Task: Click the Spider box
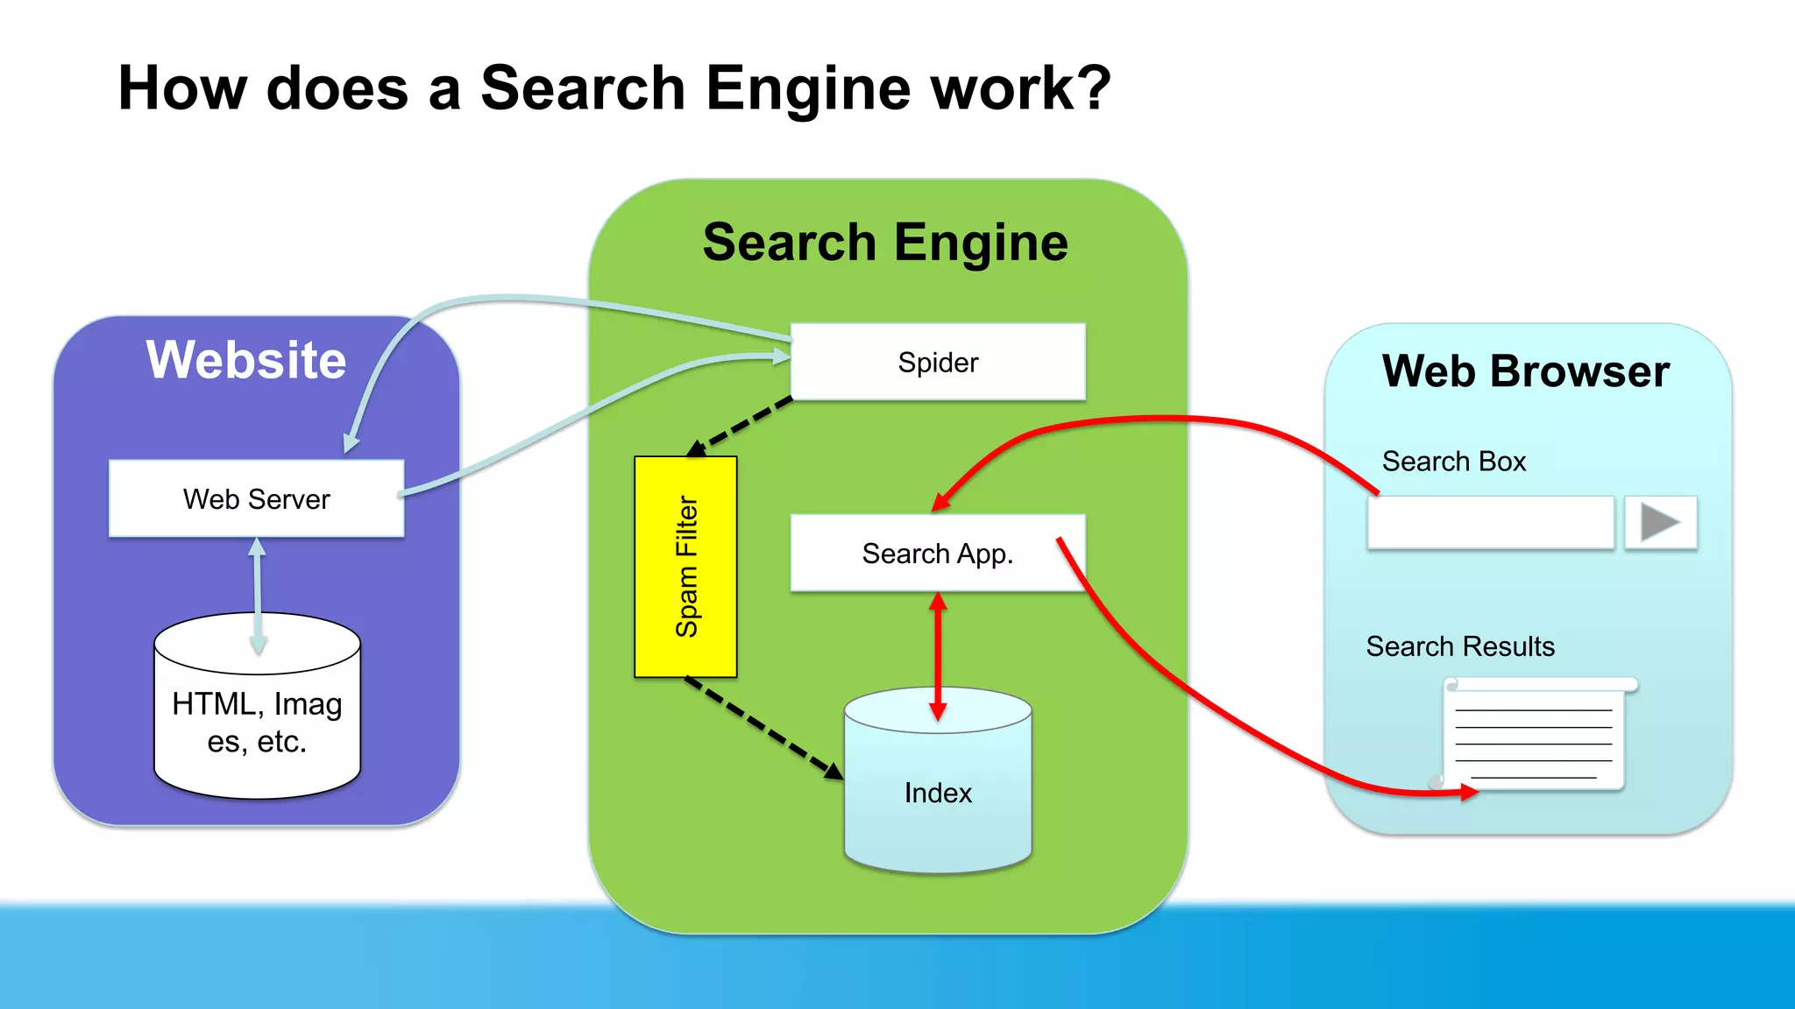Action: pyautogui.click(x=938, y=362)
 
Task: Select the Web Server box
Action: pyautogui.click(x=256, y=498)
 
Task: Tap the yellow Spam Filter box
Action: pyautogui.click(x=685, y=566)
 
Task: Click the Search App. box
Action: pyautogui.click(x=938, y=553)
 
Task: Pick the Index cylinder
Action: pyautogui.click(x=938, y=793)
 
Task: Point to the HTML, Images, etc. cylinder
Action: pyautogui.click(x=257, y=723)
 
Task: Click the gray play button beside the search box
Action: pyautogui.click(x=1660, y=523)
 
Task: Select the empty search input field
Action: pyautogui.click(x=1490, y=523)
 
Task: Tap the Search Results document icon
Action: pyautogui.click(x=1536, y=736)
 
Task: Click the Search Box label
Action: pyautogui.click(x=1453, y=462)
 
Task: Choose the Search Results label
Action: pyautogui.click(x=1459, y=646)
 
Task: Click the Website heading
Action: pyautogui.click(x=246, y=360)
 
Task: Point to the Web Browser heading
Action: pyautogui.click(x=1525, y=371)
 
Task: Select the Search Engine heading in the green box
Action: pyautogui.click(x=885, y=243)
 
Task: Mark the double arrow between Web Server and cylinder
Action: pyautogui.click(x=257, y=596)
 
